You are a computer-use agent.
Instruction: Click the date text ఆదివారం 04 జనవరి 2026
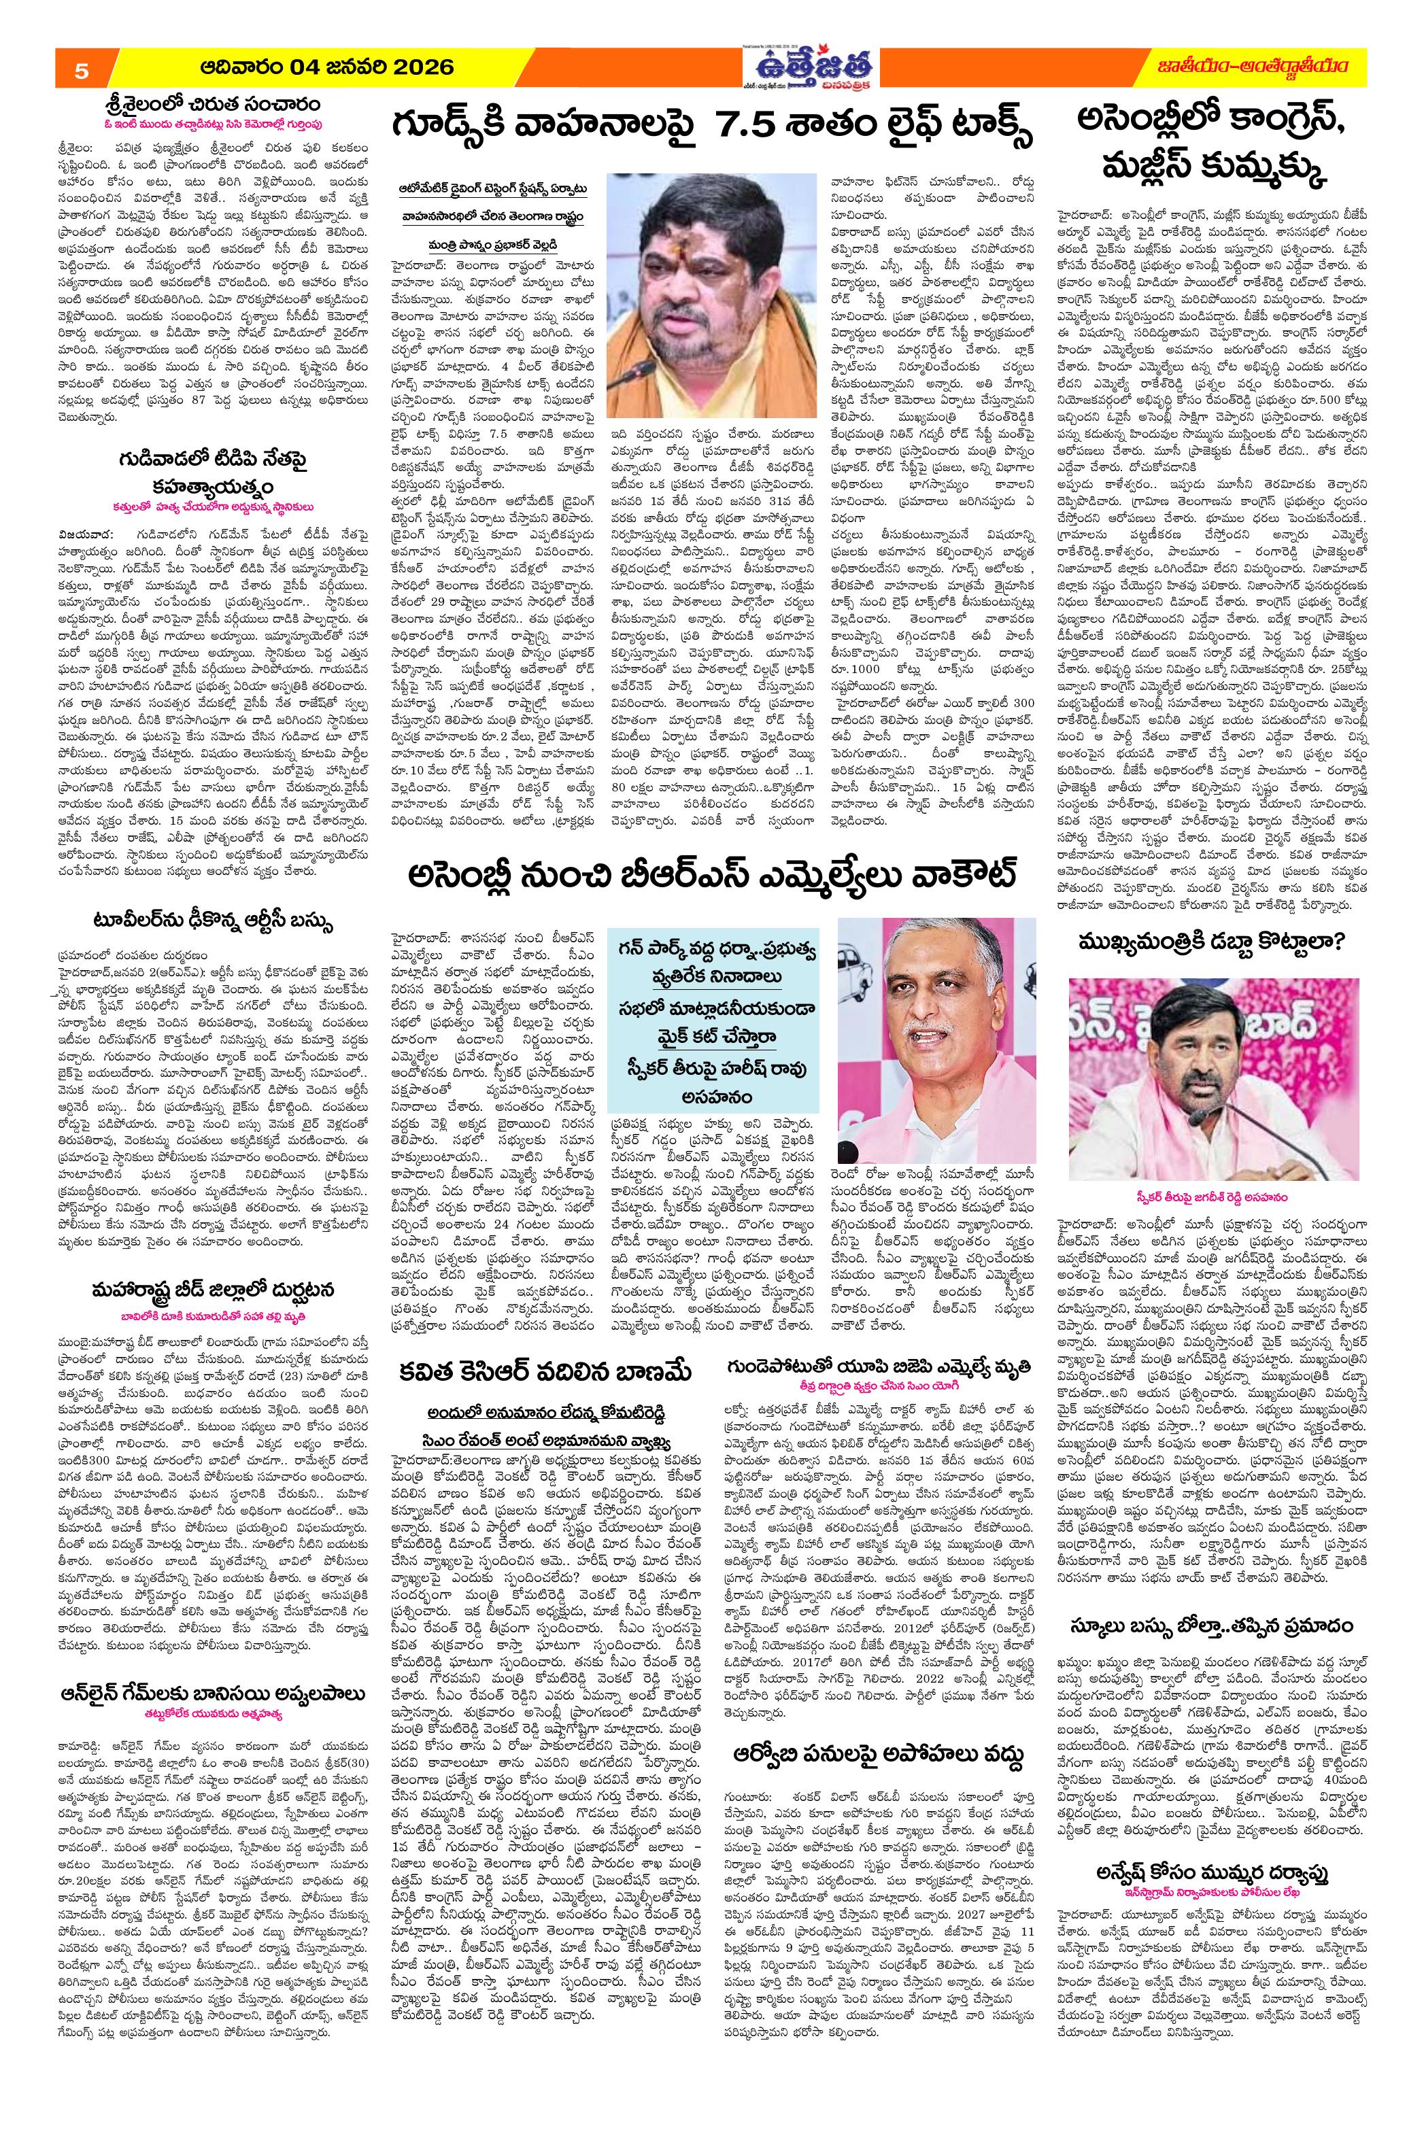point(322,69)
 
